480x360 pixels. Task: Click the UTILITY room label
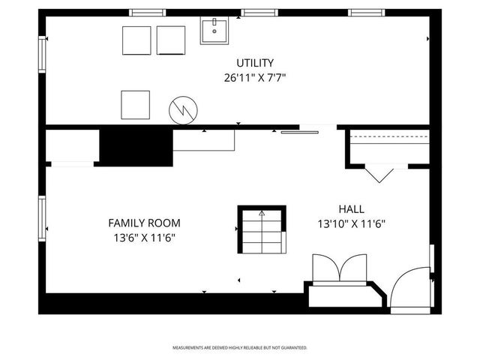tap(255, 63)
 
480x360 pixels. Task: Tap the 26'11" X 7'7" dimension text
tap(255, 77)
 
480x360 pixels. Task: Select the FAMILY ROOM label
tap(144, 223)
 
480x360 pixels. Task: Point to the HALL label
tap(352, 208)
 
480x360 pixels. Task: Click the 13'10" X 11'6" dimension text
tap(352, 223)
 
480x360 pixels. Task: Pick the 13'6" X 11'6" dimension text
tap(144, 238)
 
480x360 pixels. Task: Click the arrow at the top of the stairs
tap(262, 214)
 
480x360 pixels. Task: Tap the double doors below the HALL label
tap(340, 268)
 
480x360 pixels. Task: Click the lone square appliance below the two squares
tap(136, 103)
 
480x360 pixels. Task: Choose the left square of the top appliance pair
tap(136, 40)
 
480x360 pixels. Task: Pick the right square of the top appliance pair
tap(171, 40)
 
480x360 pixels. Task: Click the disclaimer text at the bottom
tap(240, 348)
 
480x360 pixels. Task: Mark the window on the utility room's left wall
tap(43, 58)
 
